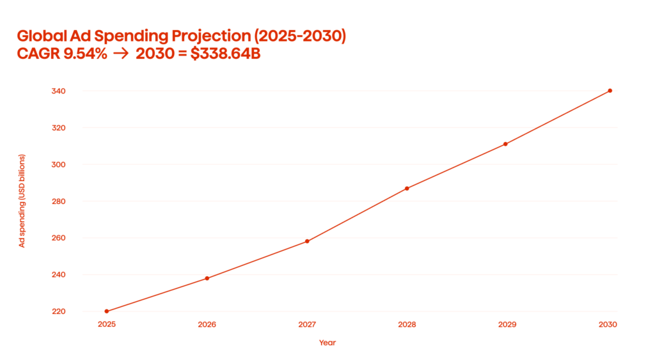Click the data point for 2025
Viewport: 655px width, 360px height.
pos(106,311)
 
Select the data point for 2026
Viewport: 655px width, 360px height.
pos(207,278)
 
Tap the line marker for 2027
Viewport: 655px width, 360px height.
pos(307,241)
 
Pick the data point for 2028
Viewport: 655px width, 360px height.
pos(407,188)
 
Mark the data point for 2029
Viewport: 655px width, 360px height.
pos(505,144)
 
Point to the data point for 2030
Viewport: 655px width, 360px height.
pos(610,91)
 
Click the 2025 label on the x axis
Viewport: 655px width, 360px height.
pos(106,325)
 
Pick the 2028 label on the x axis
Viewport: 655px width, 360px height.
pos(407,325)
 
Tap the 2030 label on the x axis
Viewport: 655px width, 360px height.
pos(608,325)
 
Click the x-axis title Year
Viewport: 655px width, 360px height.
pos(327,343)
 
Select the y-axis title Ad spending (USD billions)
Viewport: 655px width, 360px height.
pos(22,201)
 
